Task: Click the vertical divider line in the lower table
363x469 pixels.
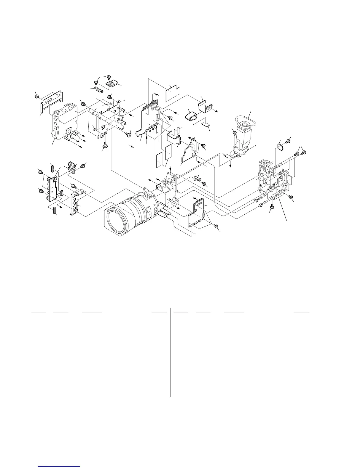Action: pos(171,352)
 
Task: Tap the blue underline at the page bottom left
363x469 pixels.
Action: pos(59,467)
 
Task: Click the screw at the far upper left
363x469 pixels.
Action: pos(37,96)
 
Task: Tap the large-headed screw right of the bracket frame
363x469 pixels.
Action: pos(129,134)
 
